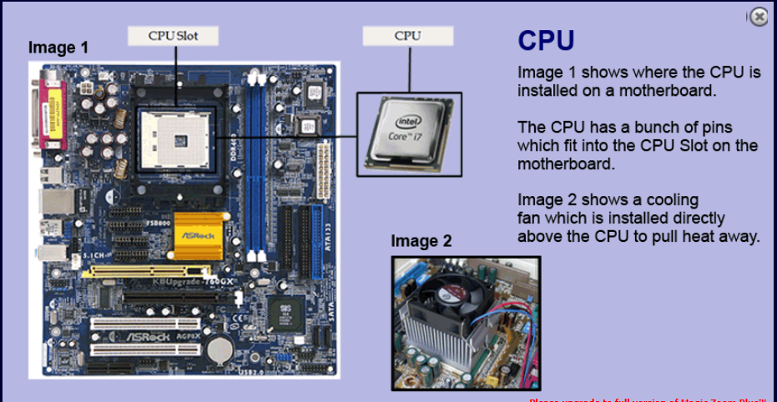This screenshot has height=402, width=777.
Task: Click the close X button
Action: point(757,17)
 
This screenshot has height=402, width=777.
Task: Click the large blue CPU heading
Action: point(546,41)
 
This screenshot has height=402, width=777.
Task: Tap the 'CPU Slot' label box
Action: point(174,35)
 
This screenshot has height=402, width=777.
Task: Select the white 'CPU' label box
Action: point(407,35)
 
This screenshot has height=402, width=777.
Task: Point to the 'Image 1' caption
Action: point(58,48)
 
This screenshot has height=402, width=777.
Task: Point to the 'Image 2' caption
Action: point(421,242)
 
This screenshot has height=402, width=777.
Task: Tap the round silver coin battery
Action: point(219,347)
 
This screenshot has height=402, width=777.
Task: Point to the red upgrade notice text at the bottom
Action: point(651,399)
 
